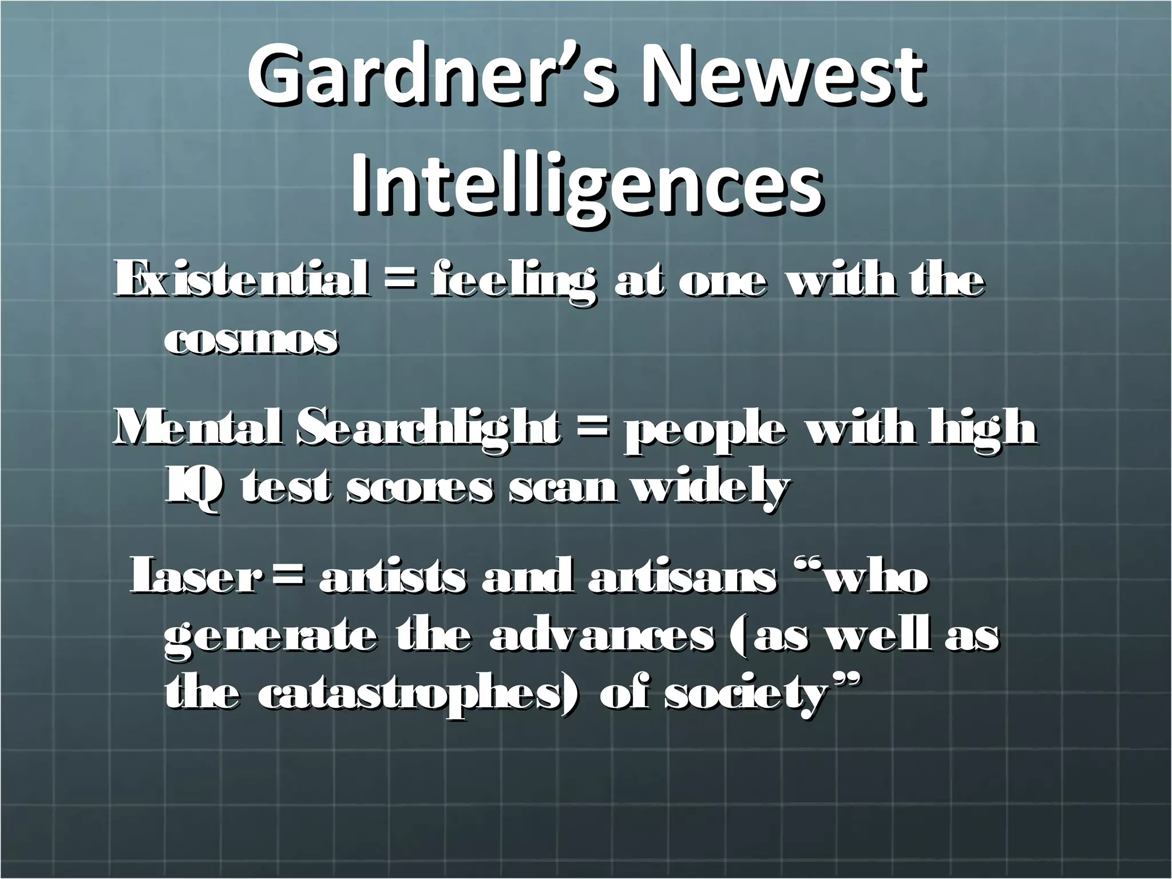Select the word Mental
pyautogui.click(x=197, y=429)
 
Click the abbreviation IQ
pyautogui.click(x=192, y=490)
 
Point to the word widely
pyautogui.click(x=709, y=490)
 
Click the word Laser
pyautogui.click(x=195, y=578)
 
